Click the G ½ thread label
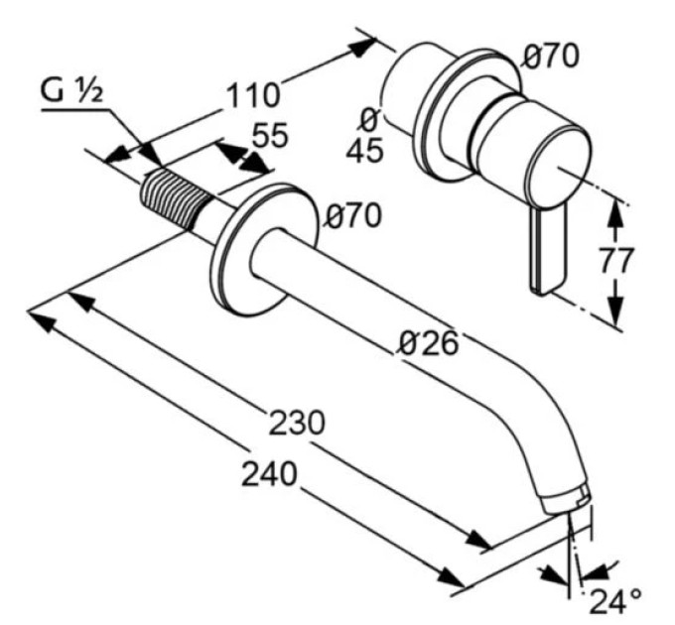71,91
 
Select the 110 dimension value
253,95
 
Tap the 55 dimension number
270,135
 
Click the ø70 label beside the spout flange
353,215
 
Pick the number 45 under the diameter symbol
365,151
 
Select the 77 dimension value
616,260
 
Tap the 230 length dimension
296,423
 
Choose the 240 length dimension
269,474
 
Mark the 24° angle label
615,601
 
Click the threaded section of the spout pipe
176,197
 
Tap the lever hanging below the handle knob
548,251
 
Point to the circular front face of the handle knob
557,167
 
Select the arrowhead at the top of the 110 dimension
360,47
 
